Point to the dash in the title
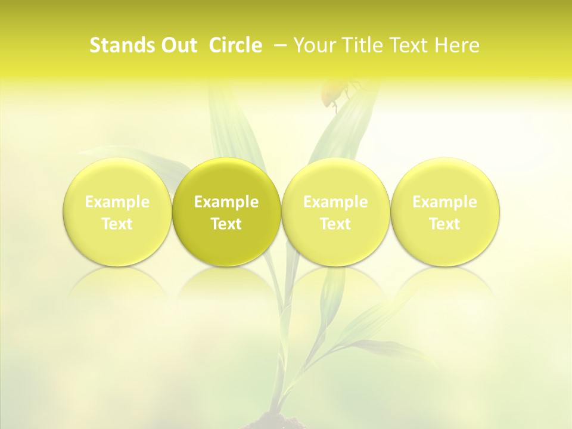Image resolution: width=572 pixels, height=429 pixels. tap(278, 45)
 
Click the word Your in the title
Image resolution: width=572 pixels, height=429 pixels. tap(312, 45)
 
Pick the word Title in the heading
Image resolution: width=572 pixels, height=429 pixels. tap(358, 45)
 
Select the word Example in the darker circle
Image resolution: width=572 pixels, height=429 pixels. tap(226, 203)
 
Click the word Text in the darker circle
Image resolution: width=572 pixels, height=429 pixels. tap(226, 224)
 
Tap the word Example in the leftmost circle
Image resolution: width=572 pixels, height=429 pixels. tap(117, 203)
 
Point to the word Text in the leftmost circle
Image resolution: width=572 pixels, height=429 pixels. tap(117, 224)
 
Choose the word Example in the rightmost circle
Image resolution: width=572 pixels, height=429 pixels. tap(444, 203)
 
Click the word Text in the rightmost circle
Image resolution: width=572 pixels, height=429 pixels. tap(444, 224)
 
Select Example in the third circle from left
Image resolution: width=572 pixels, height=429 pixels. tap(335, 203)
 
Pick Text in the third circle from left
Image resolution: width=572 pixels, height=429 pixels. tap(335, 224)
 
